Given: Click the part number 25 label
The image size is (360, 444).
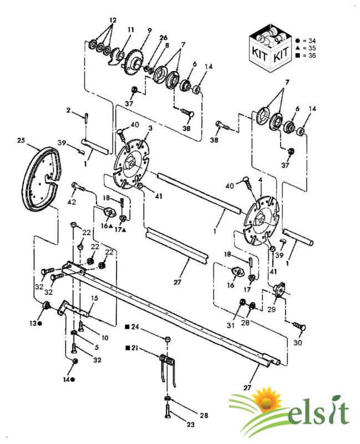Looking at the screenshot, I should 21,142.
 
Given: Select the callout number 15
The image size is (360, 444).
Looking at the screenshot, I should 94,299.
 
